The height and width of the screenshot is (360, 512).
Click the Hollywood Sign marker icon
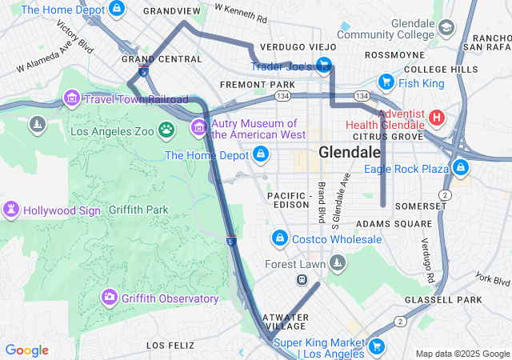click(x=12, y=210)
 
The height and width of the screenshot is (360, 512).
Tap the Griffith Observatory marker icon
click(x=110, y=298)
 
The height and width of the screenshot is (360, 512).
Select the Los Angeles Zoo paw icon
click(x=166, y=130)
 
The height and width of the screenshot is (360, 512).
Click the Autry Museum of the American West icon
click(x=198, y=128)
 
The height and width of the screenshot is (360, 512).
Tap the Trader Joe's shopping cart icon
click(x=324, y=65)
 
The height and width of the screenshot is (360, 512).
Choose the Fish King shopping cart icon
click(x=386, y=82)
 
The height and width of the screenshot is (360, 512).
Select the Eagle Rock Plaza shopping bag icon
click(x=460, y=168)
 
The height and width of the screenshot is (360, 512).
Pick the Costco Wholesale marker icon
click(x=279, y=238)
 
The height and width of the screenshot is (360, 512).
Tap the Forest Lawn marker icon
click(x=338, y=262)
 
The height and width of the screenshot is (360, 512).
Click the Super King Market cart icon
click(x=376, y=346)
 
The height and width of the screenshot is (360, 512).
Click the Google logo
click(x=27, y=350)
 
